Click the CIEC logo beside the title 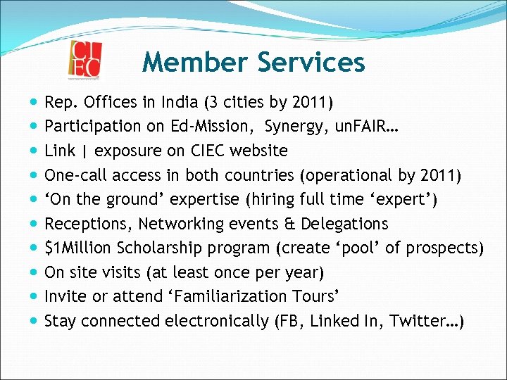coord(85,61)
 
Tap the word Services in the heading coord(311,62)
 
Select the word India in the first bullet coord(180,102)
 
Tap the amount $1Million coord(78,248)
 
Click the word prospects coord(442,248)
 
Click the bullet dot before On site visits coord(35,272)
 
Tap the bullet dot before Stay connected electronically coord(35,321)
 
